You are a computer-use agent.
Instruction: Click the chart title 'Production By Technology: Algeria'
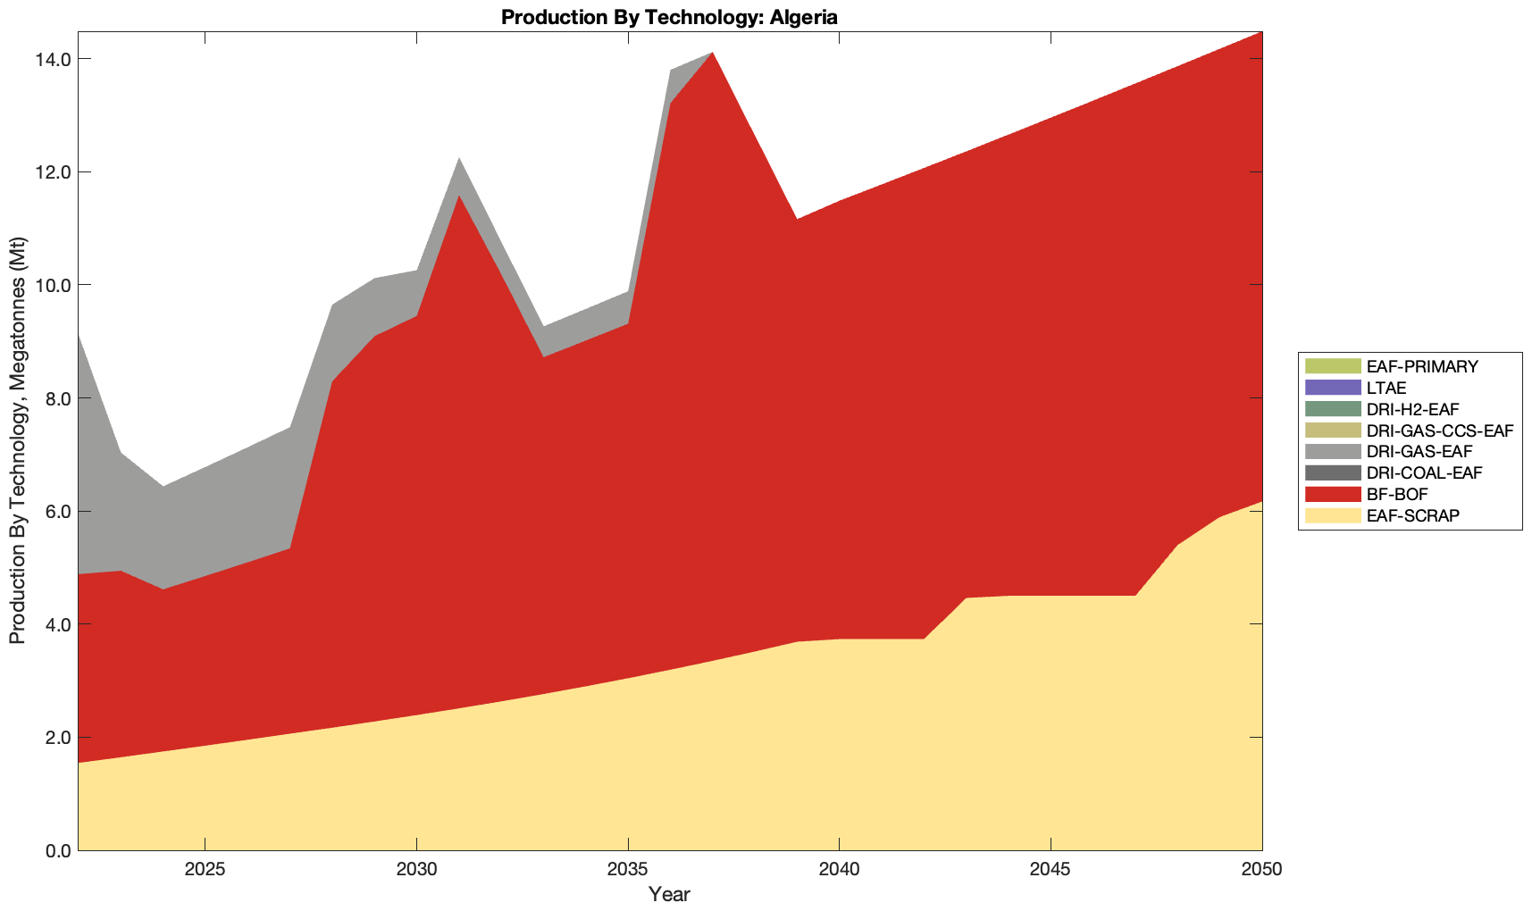[669, 17]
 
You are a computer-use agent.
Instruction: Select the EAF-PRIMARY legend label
[1422, 366]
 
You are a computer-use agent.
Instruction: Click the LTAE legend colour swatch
[1332, 388]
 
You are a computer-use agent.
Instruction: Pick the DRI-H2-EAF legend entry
[1412, 409]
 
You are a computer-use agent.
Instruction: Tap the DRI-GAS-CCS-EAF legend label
[1439, 430]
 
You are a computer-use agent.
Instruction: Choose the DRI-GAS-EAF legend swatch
[1332, 452]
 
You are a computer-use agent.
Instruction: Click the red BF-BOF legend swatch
[1332, 494]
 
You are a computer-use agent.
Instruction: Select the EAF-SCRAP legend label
[1412, 515]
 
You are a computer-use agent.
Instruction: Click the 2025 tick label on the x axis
[205, 871]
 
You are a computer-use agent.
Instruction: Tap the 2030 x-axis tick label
[416, 871]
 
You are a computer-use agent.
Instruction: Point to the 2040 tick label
[839, 871]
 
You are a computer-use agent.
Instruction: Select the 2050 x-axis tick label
[1261, 871]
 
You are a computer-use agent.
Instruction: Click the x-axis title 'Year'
[669, 894]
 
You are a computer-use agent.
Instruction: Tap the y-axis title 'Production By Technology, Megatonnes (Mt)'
[17, 440]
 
